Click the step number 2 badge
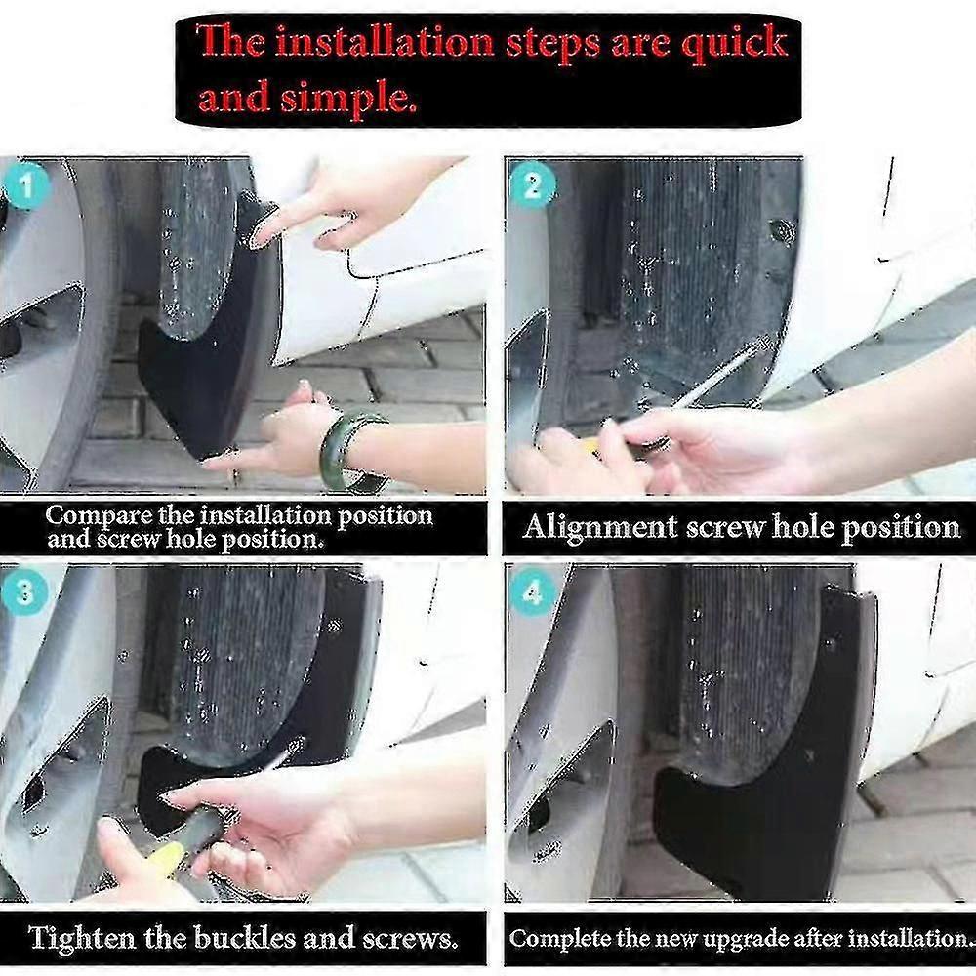(532, 184)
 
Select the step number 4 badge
(533, 591)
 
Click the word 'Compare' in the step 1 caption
(95, 515)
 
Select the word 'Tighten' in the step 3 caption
(82, 939)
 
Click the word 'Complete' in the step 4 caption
(552, 939)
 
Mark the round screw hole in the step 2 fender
(782, 231)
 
